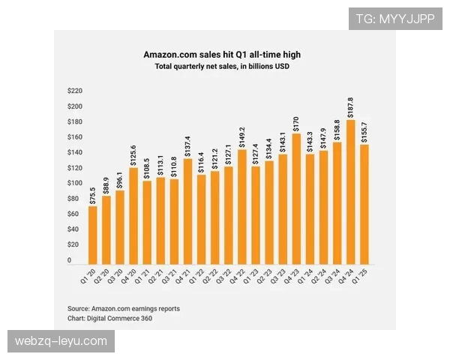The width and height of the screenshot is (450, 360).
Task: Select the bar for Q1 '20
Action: (x=93, y=235)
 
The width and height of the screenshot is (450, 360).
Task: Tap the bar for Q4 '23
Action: (x=296, y=199)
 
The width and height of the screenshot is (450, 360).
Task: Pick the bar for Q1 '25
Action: (x=364, y=204)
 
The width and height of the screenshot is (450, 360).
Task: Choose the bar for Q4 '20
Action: (x=133, y=216)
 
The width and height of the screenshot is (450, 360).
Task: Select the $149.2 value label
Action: (x=241, y=138)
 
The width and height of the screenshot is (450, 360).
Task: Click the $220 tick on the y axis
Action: (x=74, y=91)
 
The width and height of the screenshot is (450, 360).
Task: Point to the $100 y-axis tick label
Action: (x=74, y=183)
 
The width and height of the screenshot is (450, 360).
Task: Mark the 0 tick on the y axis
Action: (x=69, y=260)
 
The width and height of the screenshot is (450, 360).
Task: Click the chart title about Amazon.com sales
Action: (x=222, y=55)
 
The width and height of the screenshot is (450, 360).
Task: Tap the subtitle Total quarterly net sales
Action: (x=222, y=67)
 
